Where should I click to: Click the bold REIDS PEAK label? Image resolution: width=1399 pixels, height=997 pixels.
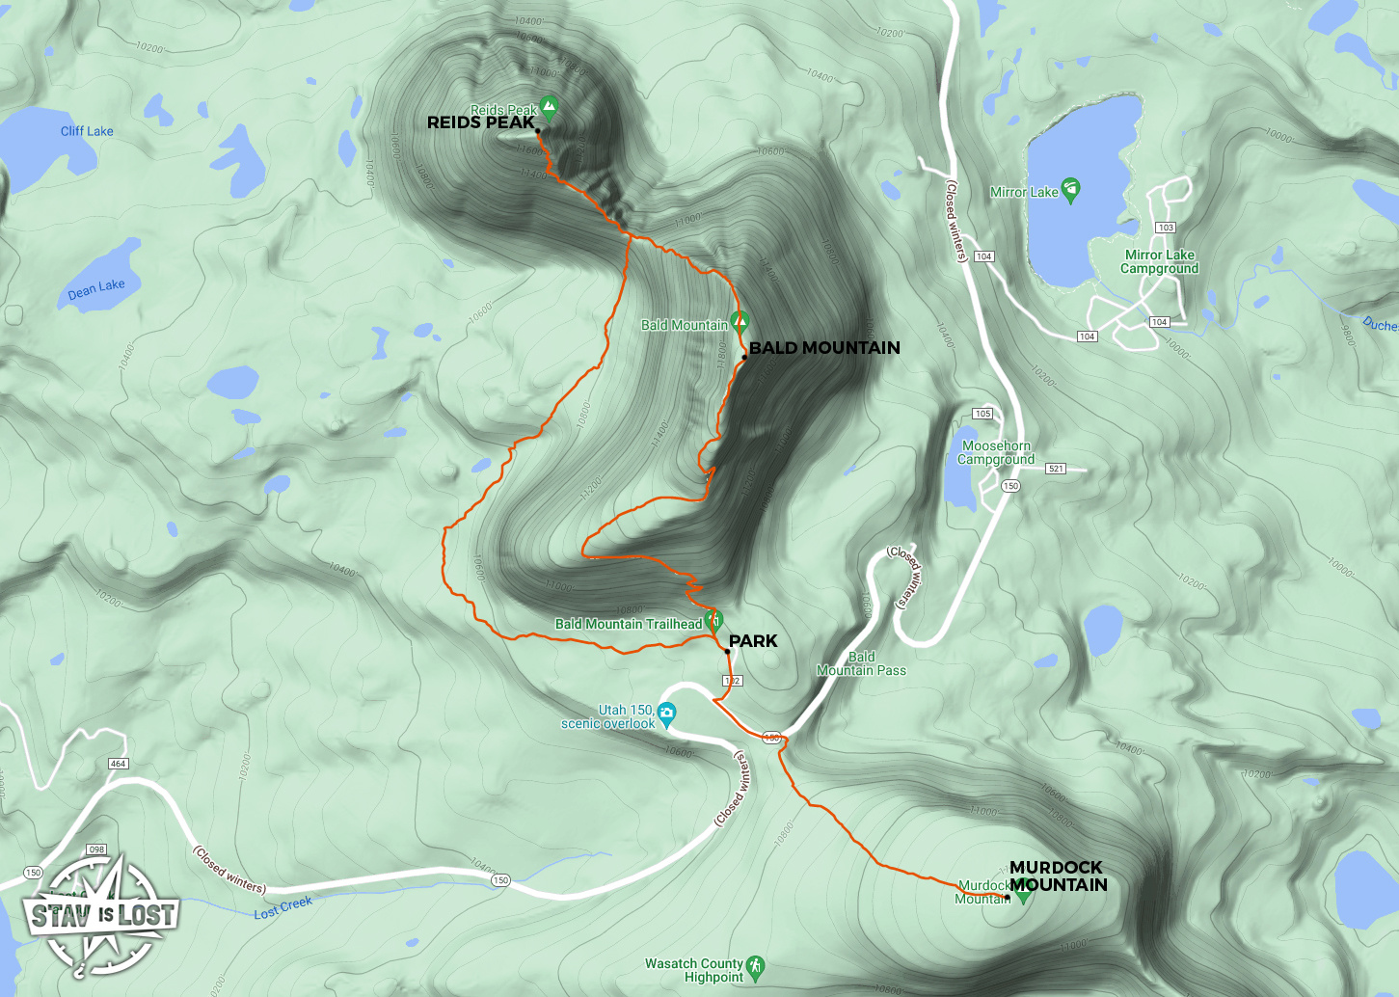[x=480, y=122]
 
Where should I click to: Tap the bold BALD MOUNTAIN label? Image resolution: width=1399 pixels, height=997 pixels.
[x=824, y=348]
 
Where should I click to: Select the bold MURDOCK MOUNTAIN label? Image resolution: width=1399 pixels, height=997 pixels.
[x=1058, y=876]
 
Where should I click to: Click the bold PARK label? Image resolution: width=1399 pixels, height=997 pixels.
[x=753, y=641]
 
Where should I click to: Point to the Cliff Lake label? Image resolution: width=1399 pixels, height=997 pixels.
[x=87, y=131]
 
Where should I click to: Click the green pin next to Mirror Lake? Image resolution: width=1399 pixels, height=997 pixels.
[x=1070, y=189]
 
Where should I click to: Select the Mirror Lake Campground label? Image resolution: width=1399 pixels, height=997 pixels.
[x=1159, y=261]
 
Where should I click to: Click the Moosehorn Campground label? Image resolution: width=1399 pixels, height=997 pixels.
[x=996, y=452]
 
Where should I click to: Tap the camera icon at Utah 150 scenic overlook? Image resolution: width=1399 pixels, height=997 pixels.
[x=666, y=714]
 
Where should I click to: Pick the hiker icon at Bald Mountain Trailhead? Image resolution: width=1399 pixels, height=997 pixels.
[x=713, y=620]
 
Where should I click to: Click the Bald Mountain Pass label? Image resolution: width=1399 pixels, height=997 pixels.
[x=861, y=663]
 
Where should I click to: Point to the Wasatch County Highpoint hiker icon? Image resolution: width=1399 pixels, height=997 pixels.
[x=755, y=965]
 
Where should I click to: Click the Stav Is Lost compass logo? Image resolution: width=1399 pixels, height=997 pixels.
[x=101, y=913]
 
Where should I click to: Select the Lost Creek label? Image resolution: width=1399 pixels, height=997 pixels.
[x=283, y=907]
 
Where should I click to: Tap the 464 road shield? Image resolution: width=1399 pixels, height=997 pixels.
[x=119, y=764]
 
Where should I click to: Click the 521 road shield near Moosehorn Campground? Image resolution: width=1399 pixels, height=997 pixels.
[x=1056, y=469]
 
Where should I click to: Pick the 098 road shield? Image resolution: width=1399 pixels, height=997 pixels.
[x=96, y=849]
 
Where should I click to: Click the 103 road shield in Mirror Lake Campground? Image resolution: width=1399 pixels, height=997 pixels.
[x=1166, y=228]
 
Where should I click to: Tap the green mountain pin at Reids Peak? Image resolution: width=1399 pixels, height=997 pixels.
[x=549, y=104]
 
